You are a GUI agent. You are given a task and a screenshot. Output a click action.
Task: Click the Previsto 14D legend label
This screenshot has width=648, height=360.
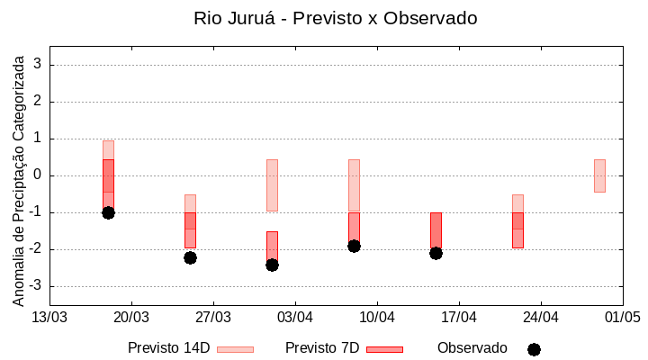pyautogui.click(x=168, y=348)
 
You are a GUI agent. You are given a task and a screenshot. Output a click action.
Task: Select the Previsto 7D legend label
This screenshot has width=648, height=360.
pyautogui.click(x=322, y=348)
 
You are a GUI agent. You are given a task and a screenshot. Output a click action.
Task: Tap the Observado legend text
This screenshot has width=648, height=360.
pyautogui.click(x=472, y=348)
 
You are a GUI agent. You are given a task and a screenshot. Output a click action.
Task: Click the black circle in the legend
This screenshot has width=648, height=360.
pyautogui.click(x=534, y=349)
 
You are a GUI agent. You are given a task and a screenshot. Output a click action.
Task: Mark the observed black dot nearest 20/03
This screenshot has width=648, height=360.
pyautogui.click(x=108, y=212)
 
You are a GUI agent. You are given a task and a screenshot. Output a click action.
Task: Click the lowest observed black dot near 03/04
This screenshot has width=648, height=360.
pyautogui.click(x=272, y=265)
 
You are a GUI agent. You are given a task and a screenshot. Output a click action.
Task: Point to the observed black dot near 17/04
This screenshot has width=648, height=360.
pyautogui.click(x=436, y=253)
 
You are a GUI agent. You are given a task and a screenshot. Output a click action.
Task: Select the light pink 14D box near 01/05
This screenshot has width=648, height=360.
pyautogui.click(x=599, y=175)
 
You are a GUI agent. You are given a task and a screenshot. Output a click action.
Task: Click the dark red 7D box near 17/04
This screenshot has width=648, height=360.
pyautogui.click(x=436, y=229)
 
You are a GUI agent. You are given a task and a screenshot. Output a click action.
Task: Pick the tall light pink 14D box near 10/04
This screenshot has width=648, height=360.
pyautogui.click(x=354, y=184)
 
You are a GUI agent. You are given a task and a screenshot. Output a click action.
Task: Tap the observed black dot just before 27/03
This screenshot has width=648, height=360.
pyautogui.click(x=190, y=257)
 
